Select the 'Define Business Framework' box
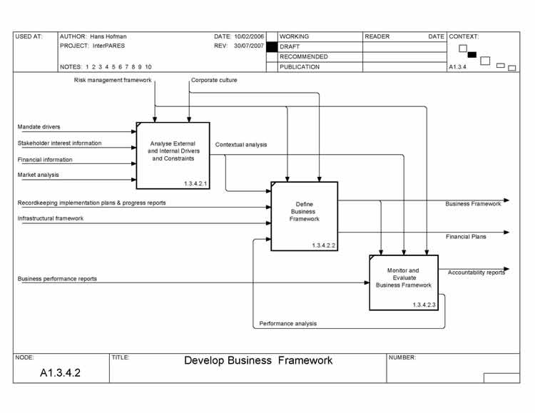coord(304,215)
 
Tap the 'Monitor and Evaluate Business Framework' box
coord(403,282)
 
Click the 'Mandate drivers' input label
coord(39,127)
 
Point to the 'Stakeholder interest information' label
coord(60,143)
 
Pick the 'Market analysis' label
coord(39,175)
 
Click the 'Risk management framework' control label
coord(113,81)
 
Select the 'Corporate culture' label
coord(214,81)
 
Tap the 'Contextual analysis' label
coord(241,145)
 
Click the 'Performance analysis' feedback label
coord(288,324)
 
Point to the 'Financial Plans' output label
coord(467,237)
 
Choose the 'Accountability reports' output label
coord(477,272)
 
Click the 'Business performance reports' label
coord(57,279)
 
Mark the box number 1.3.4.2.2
coord(323,245)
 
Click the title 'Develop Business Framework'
coord(258,360)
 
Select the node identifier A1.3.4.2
coord(61,373)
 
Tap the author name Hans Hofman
coord(108,36)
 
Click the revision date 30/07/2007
coord(249,46)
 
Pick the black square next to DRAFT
coord(272,46)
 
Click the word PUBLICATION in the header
coord(300,67)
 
